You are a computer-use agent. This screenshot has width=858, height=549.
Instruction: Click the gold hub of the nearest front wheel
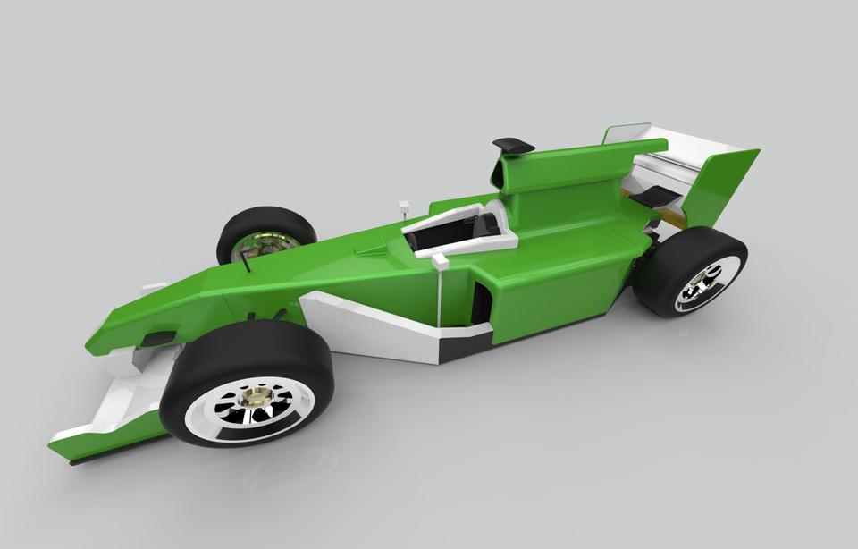pyautogui.click(x=257, y=394)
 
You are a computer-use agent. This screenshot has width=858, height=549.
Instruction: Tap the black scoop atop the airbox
pyautogui.click(x=513, y=144)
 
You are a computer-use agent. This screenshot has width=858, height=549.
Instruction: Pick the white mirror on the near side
pyautogui.click(x=440, y=261)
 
